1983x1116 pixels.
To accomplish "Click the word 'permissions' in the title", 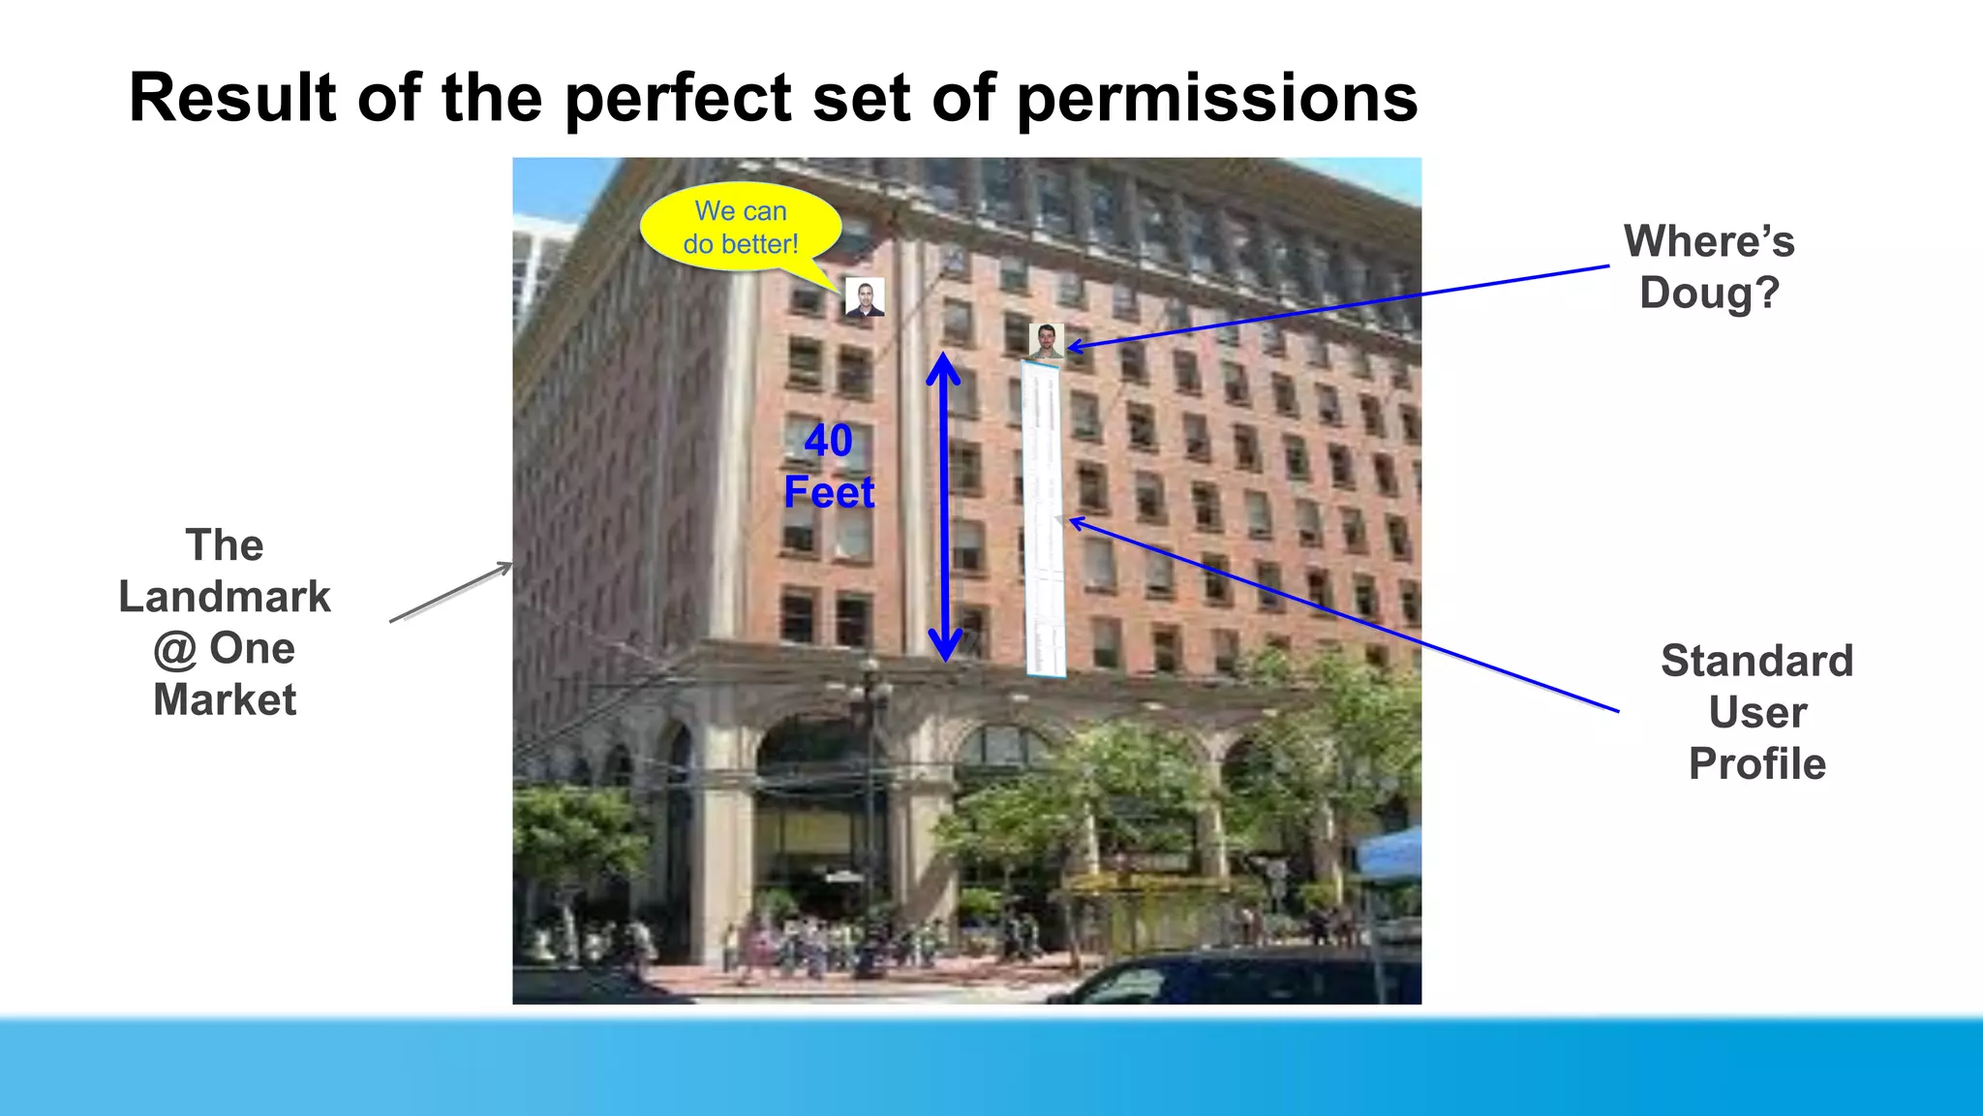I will (1217, 99).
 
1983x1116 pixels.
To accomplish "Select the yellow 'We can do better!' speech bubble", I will (741, 227).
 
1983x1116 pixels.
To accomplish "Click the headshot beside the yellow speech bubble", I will (865, 297).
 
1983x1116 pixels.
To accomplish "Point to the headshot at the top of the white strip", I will (1046, 341).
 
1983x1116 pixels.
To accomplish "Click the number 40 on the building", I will (829, 441).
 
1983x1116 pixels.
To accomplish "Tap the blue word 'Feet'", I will (829, 492).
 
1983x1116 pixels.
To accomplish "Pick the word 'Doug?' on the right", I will (1709, 293).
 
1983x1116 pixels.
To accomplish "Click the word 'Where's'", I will (1709, 241).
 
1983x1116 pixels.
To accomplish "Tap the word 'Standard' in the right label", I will (1756, 661).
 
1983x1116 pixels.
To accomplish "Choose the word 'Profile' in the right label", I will (1756, 763).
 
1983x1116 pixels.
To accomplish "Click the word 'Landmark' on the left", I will (225, 597).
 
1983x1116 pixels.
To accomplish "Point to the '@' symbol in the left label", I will (174, 649).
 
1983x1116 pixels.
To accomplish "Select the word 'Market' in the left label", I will (225, 699).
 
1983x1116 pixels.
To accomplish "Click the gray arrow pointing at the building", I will (451, 592).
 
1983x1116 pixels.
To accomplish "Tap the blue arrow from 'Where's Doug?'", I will (1336, 306).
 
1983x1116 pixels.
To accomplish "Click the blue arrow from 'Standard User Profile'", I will (1346, 617).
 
